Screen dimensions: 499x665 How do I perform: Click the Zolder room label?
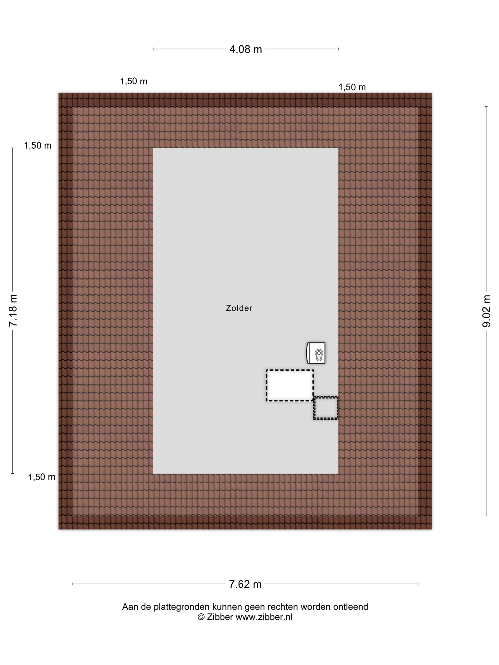click(x=239, y=308)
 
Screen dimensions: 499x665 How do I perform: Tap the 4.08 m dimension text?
click(x=245, y=49)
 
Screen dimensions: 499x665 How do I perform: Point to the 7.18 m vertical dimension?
click(x=13, y=311)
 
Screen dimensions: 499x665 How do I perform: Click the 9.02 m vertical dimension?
click(x=486, y=311)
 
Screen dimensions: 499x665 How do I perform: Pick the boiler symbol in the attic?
click(x=316, y=353)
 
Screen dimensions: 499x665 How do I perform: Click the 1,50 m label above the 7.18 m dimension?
click(x=38, y=146)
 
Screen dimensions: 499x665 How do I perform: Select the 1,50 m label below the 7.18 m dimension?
click(x=42, y=477)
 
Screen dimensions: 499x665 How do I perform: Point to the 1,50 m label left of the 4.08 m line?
click(x=134, y=81)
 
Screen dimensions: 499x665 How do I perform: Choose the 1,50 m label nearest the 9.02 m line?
click(x=352, y=87)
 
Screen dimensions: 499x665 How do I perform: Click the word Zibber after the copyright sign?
click(x=220, y=617)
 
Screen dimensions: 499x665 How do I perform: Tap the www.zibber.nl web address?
click(x=264, y=617)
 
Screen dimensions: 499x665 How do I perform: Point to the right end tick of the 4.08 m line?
click(x=338, y=49)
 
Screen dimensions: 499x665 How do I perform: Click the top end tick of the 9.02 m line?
click(x=486, y=107)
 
